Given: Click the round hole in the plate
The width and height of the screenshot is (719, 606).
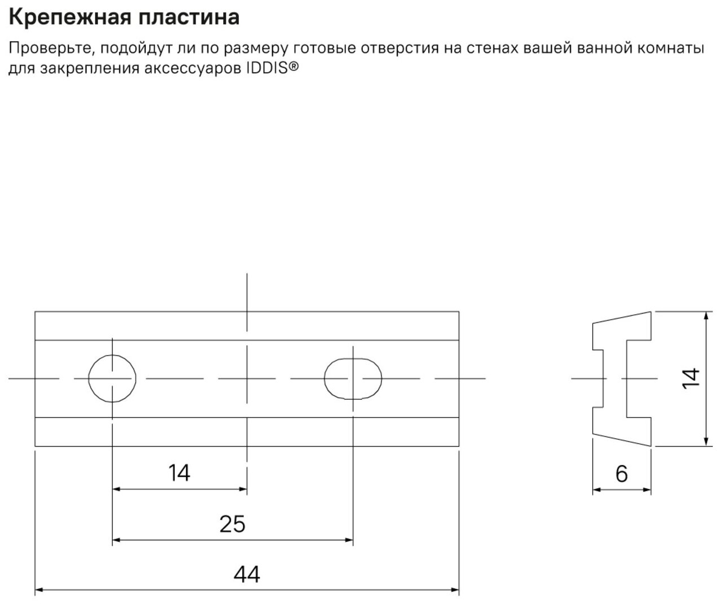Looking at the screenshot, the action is click(x=113, y=378).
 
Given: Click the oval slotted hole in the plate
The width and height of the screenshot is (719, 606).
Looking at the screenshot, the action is click(x=353, y=378).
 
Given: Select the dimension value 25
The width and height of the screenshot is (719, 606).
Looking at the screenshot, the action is click(x=232, y=524).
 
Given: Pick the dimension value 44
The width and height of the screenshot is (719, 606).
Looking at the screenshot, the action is click(x=247, y=575).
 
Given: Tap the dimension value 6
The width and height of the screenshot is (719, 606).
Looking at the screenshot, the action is click(x=621, y=474).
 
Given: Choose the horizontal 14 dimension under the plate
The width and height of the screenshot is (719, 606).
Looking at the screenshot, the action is click(x=179, y=473).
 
